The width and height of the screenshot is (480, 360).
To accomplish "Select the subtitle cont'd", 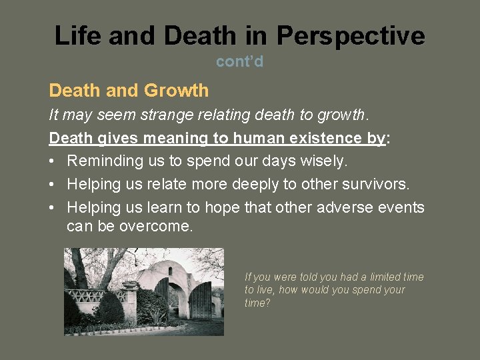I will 239,62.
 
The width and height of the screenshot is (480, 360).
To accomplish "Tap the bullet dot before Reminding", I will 53,161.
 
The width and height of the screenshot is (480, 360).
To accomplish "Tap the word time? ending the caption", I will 257,303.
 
